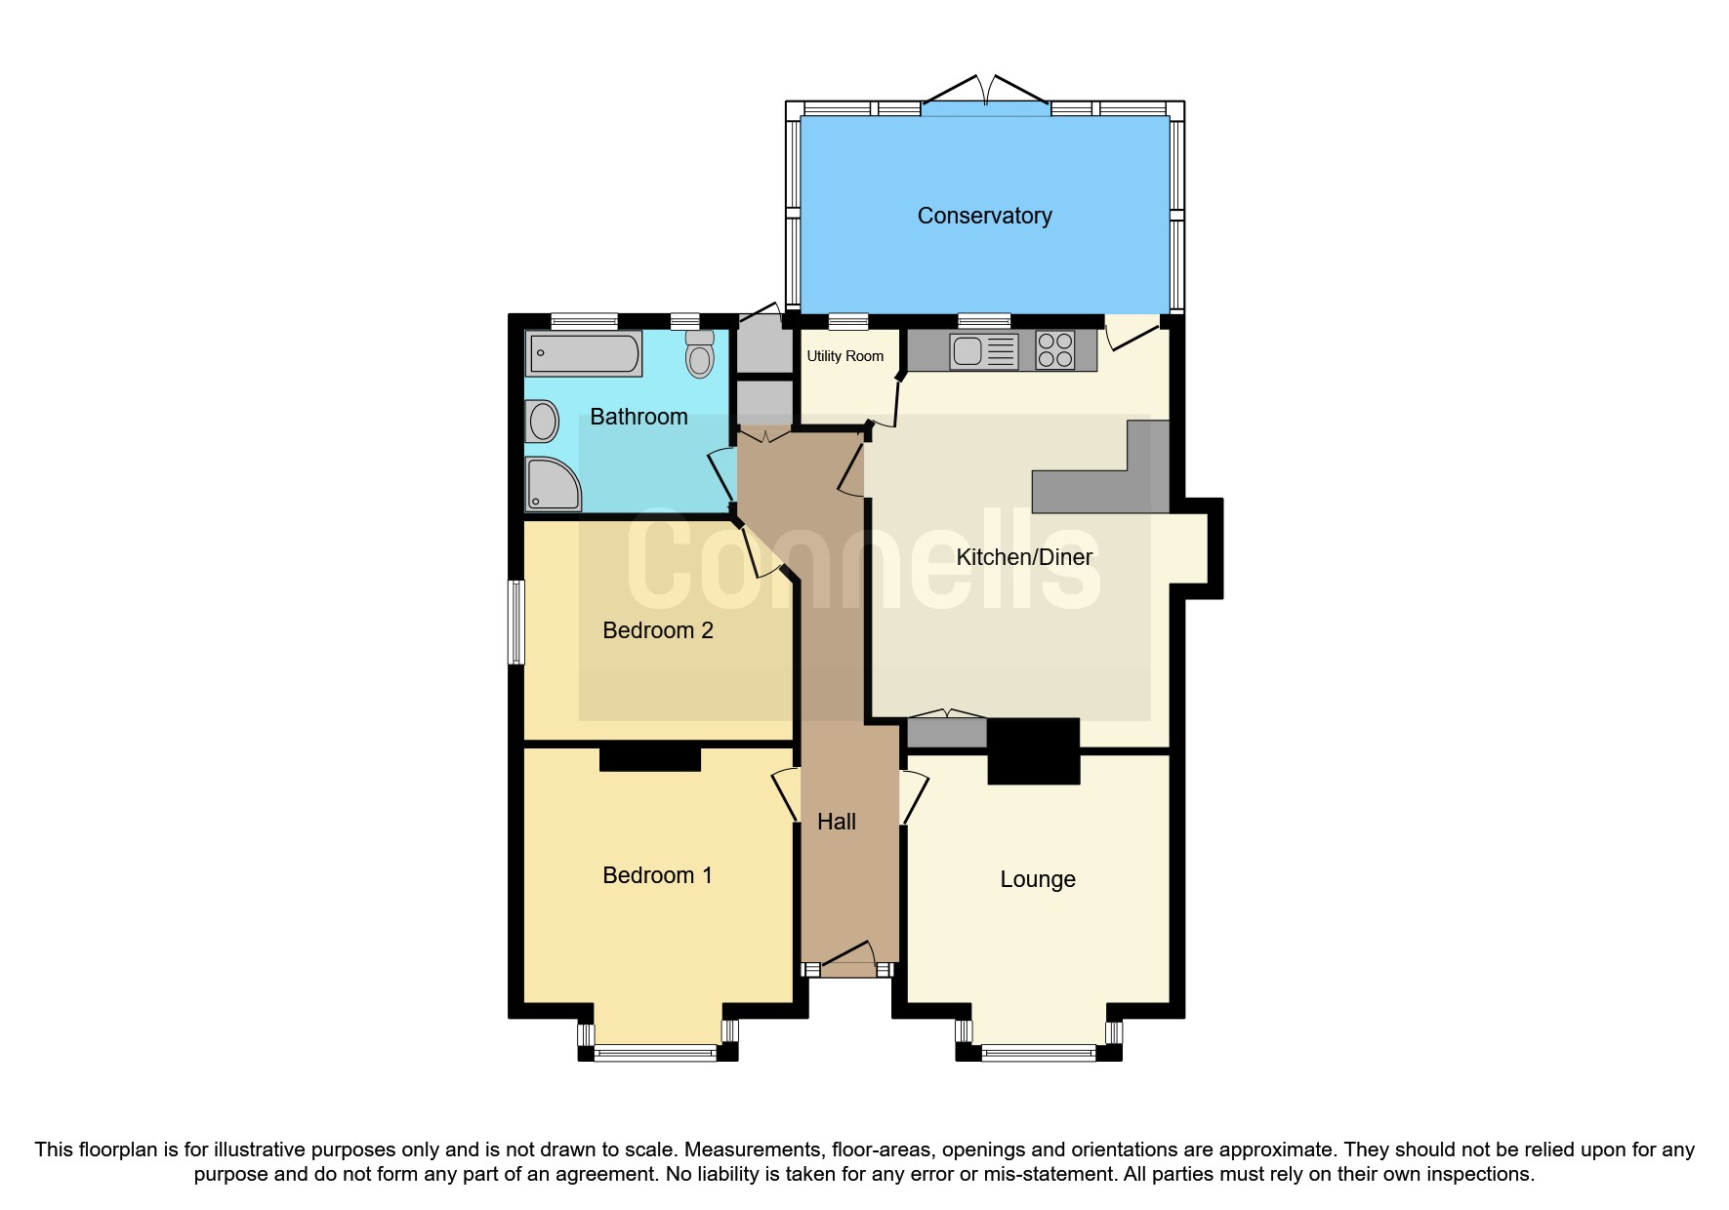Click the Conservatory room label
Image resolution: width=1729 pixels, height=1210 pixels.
click(x=984, y=216)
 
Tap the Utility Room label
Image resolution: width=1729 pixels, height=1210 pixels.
click(x=844, y=356)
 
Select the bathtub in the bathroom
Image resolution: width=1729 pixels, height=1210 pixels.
click(x=584, y=353)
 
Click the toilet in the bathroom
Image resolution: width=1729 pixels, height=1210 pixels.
click(x=699, y=354)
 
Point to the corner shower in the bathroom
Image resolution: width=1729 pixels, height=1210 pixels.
click(x=552, y=484)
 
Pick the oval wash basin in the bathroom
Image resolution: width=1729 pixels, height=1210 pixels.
click(x=543, y=423)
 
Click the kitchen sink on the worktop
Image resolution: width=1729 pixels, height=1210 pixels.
click(x=968, y=350)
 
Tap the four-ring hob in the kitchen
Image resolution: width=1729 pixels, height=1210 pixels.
click(x=1054, y=350)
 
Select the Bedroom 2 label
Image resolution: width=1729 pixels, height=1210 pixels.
click(x=657, y=630)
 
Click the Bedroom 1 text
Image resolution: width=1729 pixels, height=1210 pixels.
click(x=657, y=875)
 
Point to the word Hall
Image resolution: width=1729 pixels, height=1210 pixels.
click(x=836, y=822)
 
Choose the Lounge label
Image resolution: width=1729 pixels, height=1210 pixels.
click(x=1037, y=879)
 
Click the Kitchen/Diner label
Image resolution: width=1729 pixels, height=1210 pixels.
click(x=1023, y=557)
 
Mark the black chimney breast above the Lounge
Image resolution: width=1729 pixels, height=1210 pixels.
click(x=1033, y=750)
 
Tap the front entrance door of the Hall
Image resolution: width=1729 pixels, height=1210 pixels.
click(x=846, y=961)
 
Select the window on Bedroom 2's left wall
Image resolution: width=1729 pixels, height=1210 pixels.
click(x=516, y=623)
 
